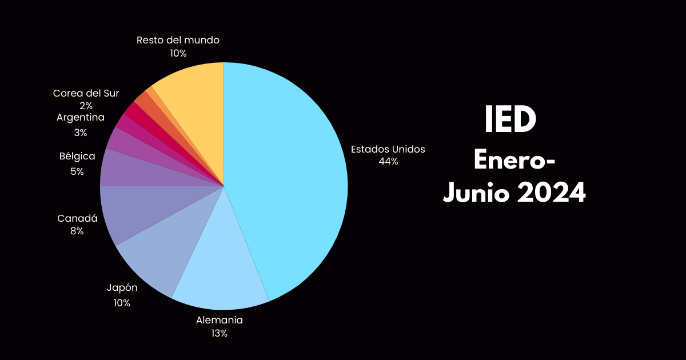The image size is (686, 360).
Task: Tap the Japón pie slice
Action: coord(160,246)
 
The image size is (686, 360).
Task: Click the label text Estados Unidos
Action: coord(388,149)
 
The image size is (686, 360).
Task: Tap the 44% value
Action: coord(388,162)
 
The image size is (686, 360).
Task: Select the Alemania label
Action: coord(220,320)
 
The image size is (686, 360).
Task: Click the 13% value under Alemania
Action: coord(220,333)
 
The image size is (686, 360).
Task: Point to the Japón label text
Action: coord(122,287)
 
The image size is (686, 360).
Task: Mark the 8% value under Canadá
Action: coord(77,231)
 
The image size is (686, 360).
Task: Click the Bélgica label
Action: coord(77,156)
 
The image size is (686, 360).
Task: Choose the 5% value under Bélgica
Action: coord(77,171)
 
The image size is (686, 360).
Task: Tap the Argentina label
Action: coord(81,118)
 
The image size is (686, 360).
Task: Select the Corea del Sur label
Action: coord(86,93)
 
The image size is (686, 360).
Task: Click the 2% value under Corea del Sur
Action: coord(86,106)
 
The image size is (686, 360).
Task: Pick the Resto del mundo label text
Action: coord(178,40)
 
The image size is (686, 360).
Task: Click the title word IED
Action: coord(510,121)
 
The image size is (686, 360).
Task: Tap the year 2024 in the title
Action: coord(552,193)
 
